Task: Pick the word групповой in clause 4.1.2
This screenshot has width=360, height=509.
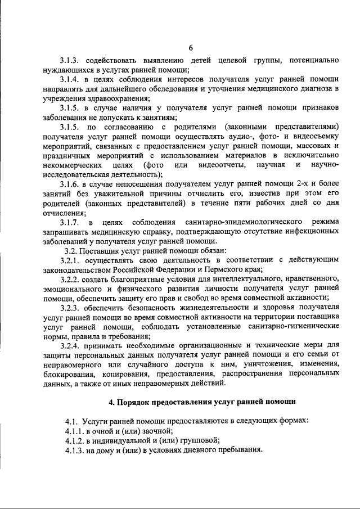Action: click(x=200, y=441)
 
